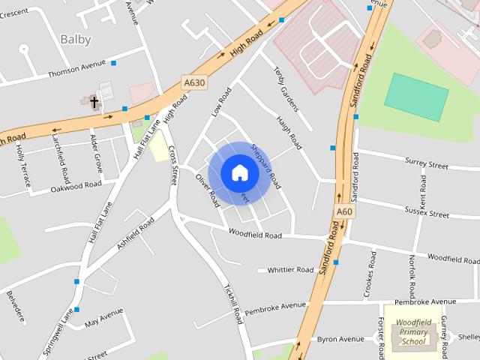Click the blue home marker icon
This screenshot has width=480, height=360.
point(238,173)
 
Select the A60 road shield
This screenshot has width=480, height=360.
point(343,212)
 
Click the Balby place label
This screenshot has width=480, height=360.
point(76,39)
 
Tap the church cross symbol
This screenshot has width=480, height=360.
point(95,102)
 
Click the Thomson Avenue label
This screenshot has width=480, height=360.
point(77,73)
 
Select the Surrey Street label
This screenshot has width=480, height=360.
point(425,162)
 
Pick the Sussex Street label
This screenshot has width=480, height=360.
point(425,213)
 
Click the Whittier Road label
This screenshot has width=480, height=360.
point(290,270)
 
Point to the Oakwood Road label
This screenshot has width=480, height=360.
point(76,185)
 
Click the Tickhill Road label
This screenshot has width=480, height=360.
point(233,303)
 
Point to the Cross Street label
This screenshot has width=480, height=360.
point(173,165)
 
